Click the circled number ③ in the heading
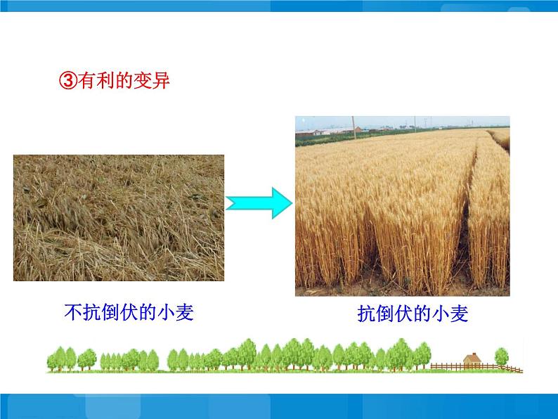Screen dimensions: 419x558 (x=67, y=81)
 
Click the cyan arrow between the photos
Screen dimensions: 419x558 (x=259, y=203)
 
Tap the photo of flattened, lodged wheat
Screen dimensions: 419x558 (x=118, y=217)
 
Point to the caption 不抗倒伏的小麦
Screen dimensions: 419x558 (x=129, y=311)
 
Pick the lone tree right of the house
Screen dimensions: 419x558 (x=501, y=356)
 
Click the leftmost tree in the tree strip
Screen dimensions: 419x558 (x=57, y=359)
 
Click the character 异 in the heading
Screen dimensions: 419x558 (x=162, y=81)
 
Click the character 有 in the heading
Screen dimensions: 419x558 (x=86, y=81)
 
